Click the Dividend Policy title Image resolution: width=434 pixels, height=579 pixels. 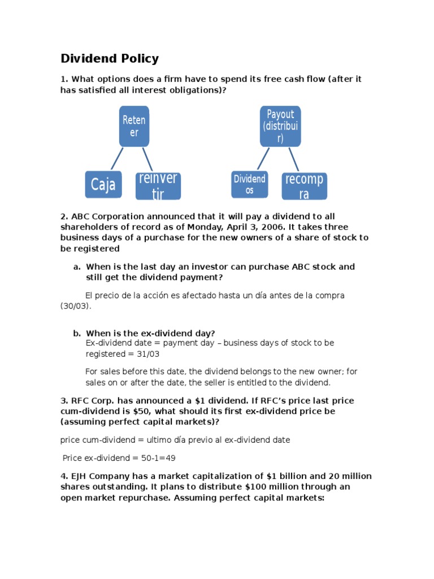pos(110,58)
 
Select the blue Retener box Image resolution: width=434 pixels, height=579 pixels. pos(134,126)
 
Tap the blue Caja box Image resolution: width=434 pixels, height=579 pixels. pos(103,184)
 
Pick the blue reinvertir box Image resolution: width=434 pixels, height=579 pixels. pos(158,185)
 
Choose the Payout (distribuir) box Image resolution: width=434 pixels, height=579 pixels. pos(280,126)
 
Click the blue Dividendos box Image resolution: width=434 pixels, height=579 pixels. pos(249,184)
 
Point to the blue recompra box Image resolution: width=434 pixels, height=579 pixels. pos(305,187)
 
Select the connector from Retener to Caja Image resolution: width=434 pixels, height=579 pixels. pos(116,159)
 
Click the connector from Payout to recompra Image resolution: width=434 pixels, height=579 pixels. pos(293,159)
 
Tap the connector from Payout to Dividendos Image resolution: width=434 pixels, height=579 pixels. pos(263,159)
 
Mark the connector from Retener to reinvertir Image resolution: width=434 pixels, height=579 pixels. pos(147,159)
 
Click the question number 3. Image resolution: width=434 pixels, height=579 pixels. pos(64,401)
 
